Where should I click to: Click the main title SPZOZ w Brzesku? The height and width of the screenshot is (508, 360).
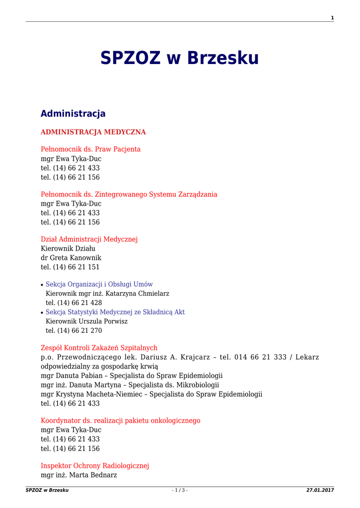click(x=180, y=59)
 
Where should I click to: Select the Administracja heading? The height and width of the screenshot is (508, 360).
click(x=73, y=114)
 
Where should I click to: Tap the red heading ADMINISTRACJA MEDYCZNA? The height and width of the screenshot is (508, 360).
click(x=93, y=132)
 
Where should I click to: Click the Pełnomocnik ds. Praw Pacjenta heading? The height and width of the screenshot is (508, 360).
click(x=90, y=149)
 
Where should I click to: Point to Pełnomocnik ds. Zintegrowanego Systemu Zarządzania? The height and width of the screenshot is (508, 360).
click(x=129, y=194)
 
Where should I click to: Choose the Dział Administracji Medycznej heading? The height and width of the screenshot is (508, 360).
click(x=89, y=240)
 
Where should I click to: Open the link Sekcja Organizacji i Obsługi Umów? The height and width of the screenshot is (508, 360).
click(x=99, y=284)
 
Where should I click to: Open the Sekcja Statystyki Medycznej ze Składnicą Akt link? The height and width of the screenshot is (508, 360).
click(x=115, y=312)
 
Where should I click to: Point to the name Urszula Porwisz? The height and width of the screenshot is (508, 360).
click(x=104, y=321)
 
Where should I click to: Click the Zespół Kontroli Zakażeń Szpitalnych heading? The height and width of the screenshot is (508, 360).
click(x=99, y=348)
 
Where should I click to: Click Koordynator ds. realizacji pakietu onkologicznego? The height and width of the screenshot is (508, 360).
click(x=120, y=421)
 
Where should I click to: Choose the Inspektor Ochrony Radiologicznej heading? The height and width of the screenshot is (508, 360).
click(x=95, y=466)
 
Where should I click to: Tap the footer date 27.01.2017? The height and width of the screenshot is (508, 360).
click(x=320, y=490)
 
